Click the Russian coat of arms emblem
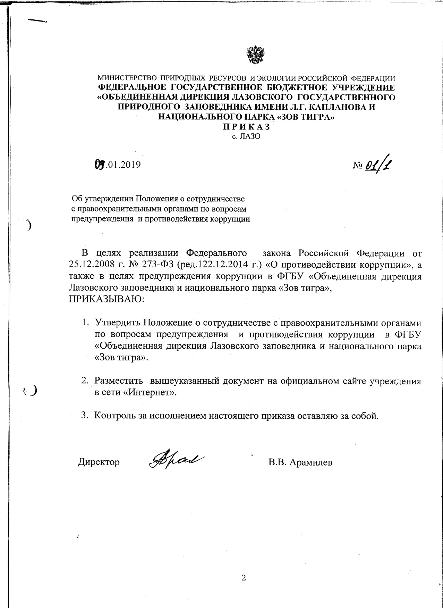coord(255,55)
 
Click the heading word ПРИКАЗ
coord(246,127)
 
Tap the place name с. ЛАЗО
coord(246,136)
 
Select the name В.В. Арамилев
coord(300,462)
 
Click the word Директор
coord(99,462)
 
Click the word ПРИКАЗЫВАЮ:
coord(107,299)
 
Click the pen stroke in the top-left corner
coord(37,20)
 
